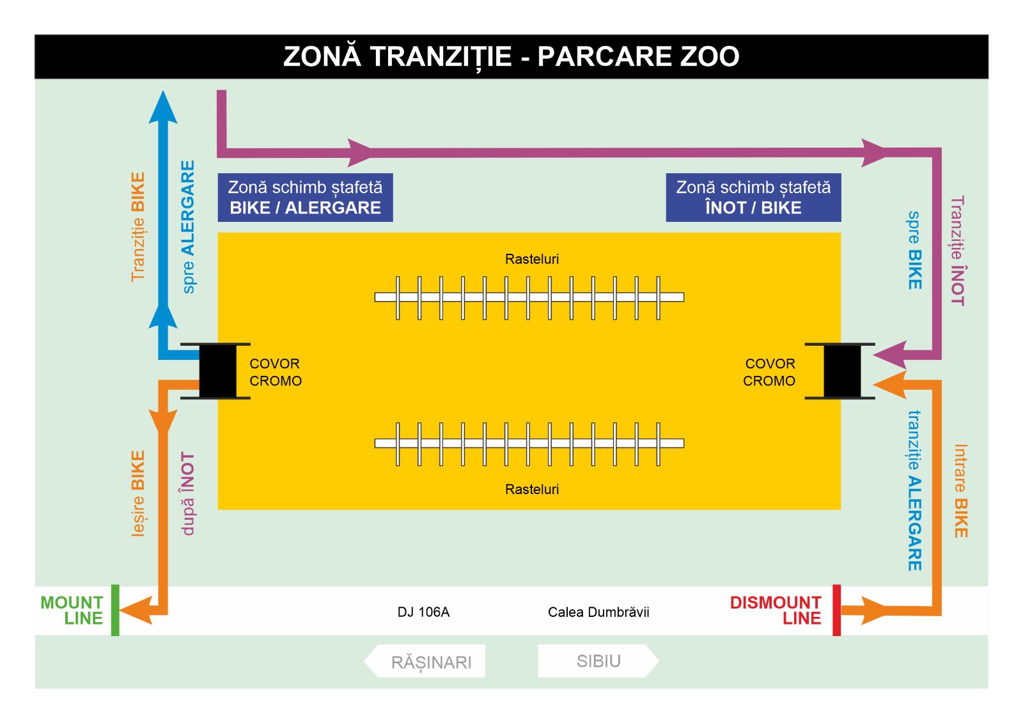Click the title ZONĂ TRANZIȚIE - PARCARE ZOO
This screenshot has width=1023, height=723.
[x=511, y=56]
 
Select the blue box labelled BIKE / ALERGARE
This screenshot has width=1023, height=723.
[x=305, y=198]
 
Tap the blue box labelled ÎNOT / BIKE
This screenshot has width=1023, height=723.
[x=753, y=198]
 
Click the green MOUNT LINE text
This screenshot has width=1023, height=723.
[x=72, y=610]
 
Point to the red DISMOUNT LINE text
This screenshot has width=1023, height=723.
[x=776, y=610]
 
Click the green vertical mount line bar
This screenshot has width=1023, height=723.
[x=115, y=610]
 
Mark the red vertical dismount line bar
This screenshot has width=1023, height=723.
[x=836, y=610]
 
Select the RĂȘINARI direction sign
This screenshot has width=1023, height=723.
[x=426, y=661]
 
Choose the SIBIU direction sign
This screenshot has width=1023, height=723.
[x=598, y=660]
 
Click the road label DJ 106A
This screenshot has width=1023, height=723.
[x=423, y=612]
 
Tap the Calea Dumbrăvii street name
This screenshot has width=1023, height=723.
[x=598, y=612]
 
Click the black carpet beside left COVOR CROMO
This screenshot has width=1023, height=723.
[x=217, y=371]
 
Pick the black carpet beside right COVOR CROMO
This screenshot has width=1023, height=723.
[x=841, y=371]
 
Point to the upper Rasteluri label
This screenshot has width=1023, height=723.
[x=532, y=259]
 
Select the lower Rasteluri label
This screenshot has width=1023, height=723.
[x=532, y=490]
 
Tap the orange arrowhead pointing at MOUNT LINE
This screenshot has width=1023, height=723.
[x=136, y=610]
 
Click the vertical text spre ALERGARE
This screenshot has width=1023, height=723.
[x=187, y=227]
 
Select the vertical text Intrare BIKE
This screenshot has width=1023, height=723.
[x=960, y=491]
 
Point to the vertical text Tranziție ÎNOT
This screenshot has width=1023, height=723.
[x=957, y=251]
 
